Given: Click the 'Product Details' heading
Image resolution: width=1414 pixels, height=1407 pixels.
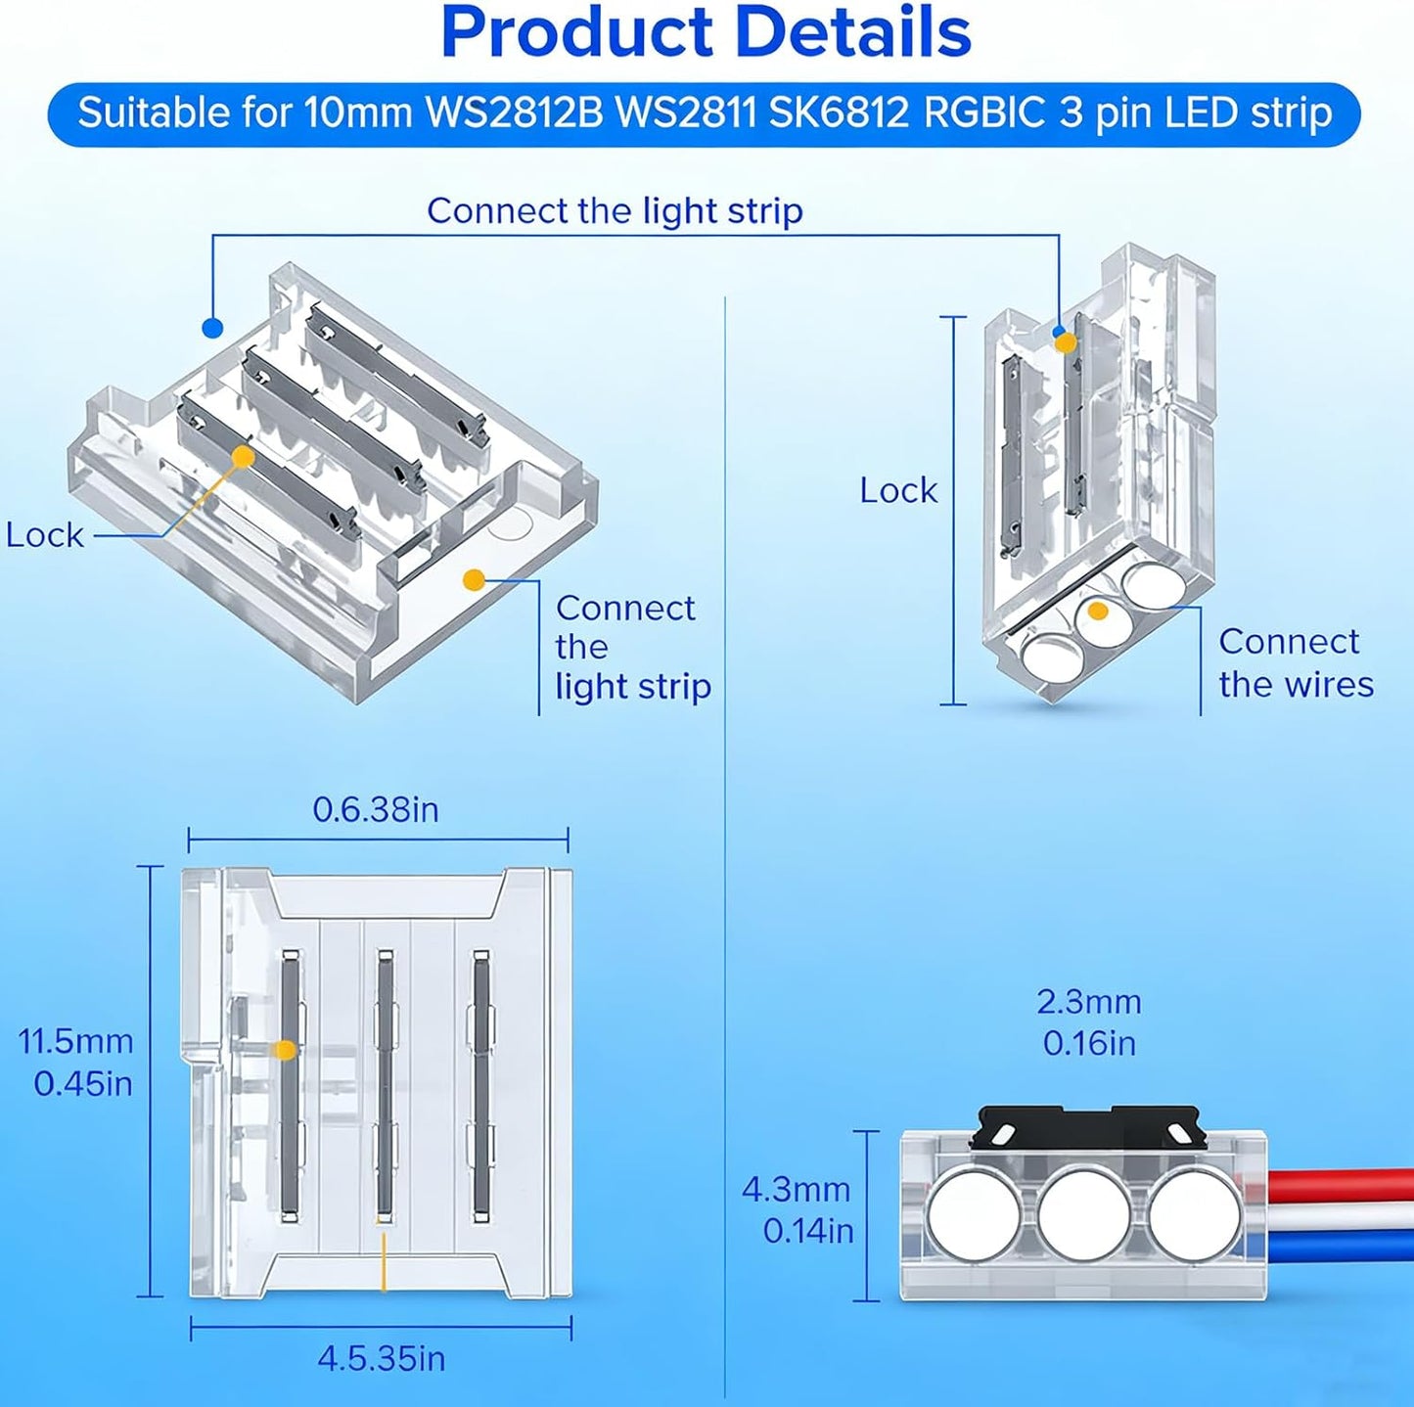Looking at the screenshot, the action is pyautogui.click(x=707, y=33).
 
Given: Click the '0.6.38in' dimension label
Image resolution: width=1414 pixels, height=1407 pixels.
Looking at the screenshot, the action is pyautogui.click(x=376, y=810).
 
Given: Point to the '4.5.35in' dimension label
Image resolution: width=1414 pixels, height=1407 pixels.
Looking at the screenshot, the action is pyautogui.click(x=382, y=1358).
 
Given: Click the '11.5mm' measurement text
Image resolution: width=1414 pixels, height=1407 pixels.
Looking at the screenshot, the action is pyautogui.click(x=75, y=1041).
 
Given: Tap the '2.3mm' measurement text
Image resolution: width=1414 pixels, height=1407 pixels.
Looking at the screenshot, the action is pyautogui.click(x=1089, y=1002).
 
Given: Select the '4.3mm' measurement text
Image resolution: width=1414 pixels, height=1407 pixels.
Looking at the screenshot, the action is pyautogui.click(x=797, y=1190).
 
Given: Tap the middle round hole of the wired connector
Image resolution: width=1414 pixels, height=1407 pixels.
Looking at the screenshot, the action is pyautogui.click(x=1084, y=1214).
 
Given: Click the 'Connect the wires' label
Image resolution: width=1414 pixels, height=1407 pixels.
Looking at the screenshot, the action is pyautogui.click(x=1296, y=663).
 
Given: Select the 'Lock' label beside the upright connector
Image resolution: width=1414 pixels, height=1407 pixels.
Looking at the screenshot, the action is pyautogui.click(x=898, y=490).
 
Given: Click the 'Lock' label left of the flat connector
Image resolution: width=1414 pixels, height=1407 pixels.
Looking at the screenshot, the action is pyautogui.click(x=44, y=535).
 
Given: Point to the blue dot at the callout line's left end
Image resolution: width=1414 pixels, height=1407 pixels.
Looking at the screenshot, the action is pyautogui.click(x=212, y=328).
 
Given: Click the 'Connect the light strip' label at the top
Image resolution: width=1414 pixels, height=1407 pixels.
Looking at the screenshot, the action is pyautogui.click(x=615, y=211).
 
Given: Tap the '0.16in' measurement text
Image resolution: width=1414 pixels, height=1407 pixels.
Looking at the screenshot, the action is pyautogui.click(x=1089, y=1043).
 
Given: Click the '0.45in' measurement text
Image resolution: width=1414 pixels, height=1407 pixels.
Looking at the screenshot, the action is pyautogui.click(x=83, y=1083).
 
